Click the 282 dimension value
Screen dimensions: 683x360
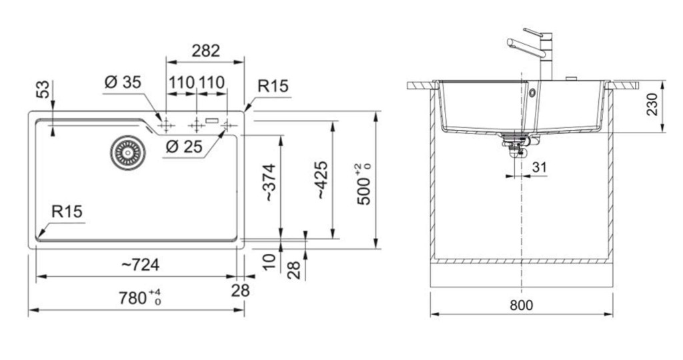[x=205, y=51]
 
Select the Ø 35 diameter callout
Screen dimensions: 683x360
[x=123, y=82]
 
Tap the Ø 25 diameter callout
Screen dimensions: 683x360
[x=184, y=147]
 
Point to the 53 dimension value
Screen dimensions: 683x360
[x=43, y=89]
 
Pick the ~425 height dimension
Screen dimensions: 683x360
[x=321, y=180]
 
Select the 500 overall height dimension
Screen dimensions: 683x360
[x=364, y=184]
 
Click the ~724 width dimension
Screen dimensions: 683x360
[x=140, y=264]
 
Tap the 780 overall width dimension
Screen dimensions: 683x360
[x=140, y=298]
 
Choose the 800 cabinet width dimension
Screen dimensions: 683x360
[x=521, y=305]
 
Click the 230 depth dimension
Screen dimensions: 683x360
[x=652, y=104]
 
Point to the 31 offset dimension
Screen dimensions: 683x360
[x=539, y=167]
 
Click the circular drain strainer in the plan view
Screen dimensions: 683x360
[x=127, y=153]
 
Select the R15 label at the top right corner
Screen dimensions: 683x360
[x=273, y=86]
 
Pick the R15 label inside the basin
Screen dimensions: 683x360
[x=67, y=211]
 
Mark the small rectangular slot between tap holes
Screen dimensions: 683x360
[x=212, y=120]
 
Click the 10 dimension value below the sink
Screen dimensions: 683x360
[x=269, y=261]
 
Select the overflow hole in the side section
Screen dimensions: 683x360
[x=532, y=93]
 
